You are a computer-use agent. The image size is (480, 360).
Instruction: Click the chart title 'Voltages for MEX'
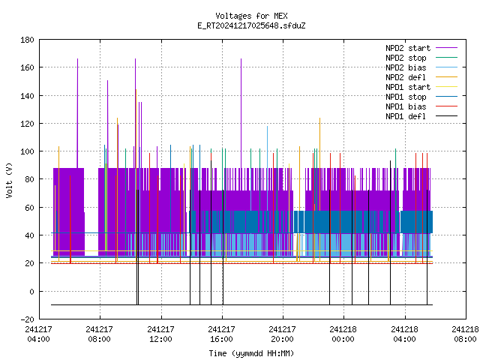point(251,16)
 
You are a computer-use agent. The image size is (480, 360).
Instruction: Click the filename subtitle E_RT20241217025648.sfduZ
point(251,25)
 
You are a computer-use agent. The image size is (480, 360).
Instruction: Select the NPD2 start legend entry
point(421,48)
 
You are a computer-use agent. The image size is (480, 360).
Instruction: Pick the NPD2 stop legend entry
point(421,58)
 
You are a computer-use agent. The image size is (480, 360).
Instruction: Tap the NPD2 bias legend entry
point(421,67)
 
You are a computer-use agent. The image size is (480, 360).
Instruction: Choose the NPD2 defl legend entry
point(421,77)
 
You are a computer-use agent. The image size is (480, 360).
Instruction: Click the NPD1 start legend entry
point(421,87)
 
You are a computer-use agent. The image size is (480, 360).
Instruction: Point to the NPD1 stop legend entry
point(421,97)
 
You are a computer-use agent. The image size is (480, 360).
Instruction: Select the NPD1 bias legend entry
point(421,106)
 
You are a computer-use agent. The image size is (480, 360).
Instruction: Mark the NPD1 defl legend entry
point(421,117)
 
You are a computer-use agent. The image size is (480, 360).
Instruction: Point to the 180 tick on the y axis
point(27,40)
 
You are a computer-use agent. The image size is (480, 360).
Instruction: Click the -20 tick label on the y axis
point(27,319)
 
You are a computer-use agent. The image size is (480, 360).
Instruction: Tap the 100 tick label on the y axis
point(27,151)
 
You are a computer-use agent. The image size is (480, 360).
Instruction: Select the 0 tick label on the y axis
point(31,292)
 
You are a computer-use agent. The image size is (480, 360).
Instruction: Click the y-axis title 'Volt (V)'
point(9,180)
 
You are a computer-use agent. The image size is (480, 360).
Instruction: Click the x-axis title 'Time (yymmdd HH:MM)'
point(251,353)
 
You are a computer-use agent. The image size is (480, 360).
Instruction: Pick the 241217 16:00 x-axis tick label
point(221,334)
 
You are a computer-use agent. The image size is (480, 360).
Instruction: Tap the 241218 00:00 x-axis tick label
point(343,334)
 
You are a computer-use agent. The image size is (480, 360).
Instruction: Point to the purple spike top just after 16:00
point(241,58)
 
